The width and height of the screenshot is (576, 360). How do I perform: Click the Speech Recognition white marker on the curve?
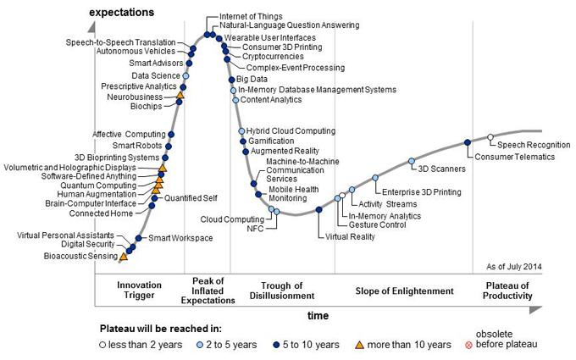(x=490, y=137)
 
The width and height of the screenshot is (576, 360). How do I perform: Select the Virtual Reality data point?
(x=318, y=209)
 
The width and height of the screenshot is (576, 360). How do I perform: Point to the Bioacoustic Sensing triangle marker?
(x=124, y=255)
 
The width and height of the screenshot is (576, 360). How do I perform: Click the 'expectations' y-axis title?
(x=122, y=13)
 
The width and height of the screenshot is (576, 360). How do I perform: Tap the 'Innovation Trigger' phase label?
(x=139, y=290)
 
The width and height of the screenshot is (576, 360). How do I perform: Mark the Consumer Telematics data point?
(x=467, y=142)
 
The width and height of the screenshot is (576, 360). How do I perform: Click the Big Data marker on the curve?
(x=230, y=80)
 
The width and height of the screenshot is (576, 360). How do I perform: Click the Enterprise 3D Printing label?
(x=416, y=193)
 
